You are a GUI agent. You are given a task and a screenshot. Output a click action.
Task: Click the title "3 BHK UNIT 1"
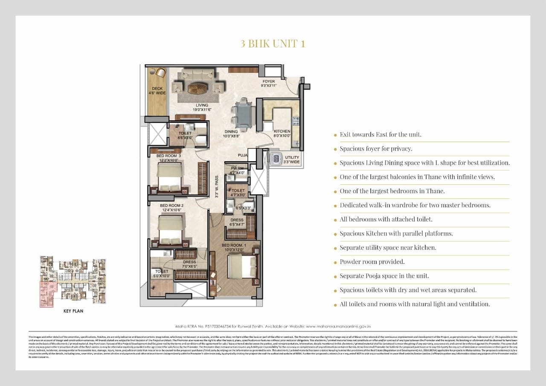point(273,44)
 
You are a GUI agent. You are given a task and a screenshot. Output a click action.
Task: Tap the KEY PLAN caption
point(73,311)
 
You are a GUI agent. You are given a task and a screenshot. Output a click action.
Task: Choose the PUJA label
point(243,155)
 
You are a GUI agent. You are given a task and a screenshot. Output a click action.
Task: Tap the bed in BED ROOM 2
point(171,230)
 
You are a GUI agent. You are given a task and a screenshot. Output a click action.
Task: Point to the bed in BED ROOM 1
point(241,267)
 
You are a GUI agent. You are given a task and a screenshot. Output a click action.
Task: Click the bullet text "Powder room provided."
point(372,261)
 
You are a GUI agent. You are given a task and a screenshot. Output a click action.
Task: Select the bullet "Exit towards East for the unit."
point(380,134)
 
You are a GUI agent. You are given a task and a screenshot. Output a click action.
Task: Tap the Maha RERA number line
point(273,326)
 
